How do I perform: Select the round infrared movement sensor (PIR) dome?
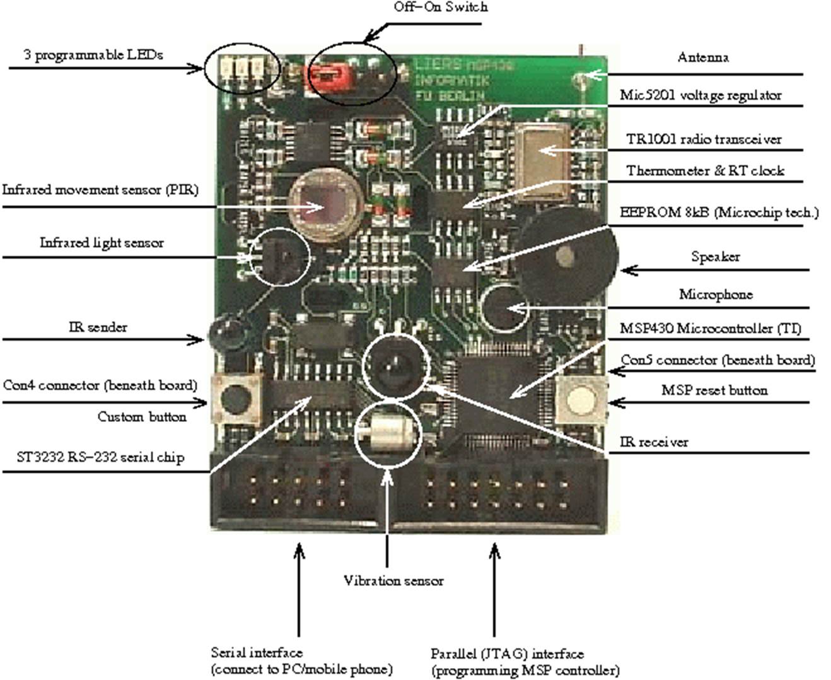pos(322,203)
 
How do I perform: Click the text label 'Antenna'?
pos(702,57)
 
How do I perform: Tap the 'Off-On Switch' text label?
pos(440,7)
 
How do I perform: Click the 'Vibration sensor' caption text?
pos(393,581)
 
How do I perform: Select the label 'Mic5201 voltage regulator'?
pos(700,95)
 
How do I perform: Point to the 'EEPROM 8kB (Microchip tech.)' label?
pos(719,213)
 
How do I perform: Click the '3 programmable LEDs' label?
pos(93,55)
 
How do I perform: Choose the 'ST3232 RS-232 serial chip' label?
pos(101,457)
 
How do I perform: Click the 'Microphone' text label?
pos(715,295)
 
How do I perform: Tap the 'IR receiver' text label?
pos(654,442)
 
